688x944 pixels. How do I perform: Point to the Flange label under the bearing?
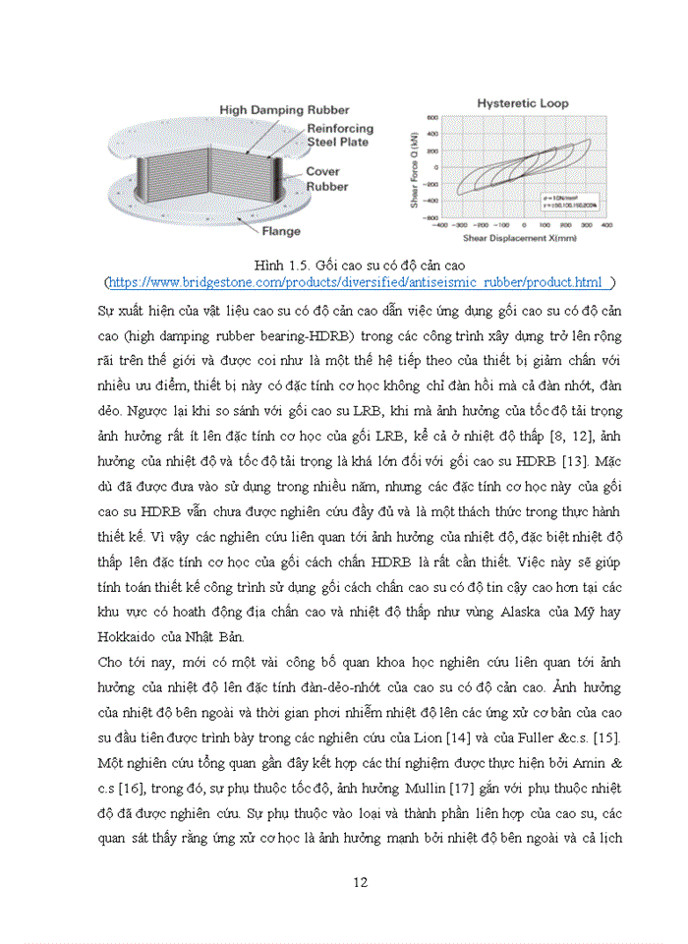click(x=280, y=232)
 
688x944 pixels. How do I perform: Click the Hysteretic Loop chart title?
click(x=522, y=102)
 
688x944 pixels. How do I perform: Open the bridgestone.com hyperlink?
click(x=358, y=282)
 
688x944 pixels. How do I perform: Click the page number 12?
click(x=360, y=882)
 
